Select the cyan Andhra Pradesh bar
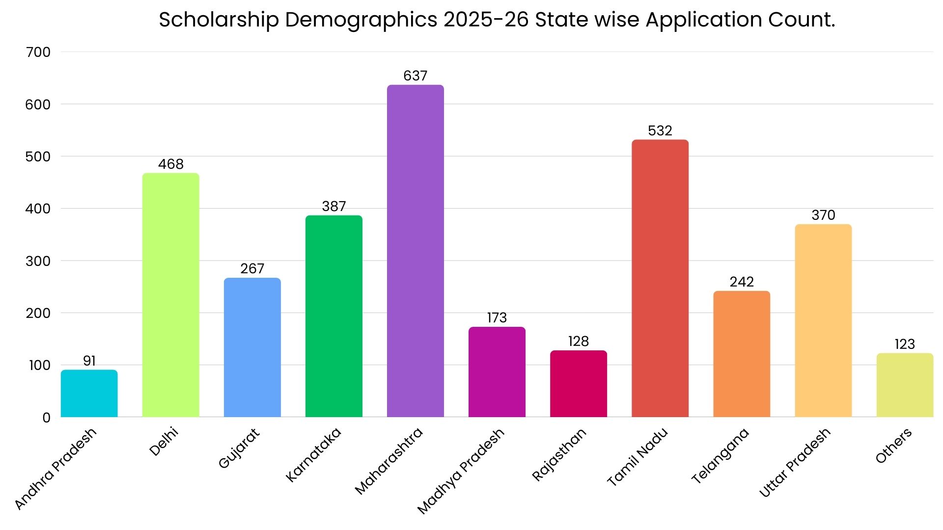coord(89,394)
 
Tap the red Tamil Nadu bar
coord(660,278)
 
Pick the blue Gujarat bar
coord(252,347)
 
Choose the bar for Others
coord(904,385)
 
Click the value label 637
coord(415,76)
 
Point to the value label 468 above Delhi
coord(170,164)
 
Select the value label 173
coord(497,318)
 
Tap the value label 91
coord(89,361)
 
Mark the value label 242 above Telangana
coord(741,282)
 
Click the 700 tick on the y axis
coord(38,52)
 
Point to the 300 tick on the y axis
coord(38,261)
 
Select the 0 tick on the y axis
coord(46,418)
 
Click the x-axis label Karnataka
coord(313,455)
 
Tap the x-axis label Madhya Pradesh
coord(461,471)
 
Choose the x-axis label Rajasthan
coord(559,454)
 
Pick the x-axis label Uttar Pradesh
coord(795,462)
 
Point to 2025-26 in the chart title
coord(486,20)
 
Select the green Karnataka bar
coord(333,316)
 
